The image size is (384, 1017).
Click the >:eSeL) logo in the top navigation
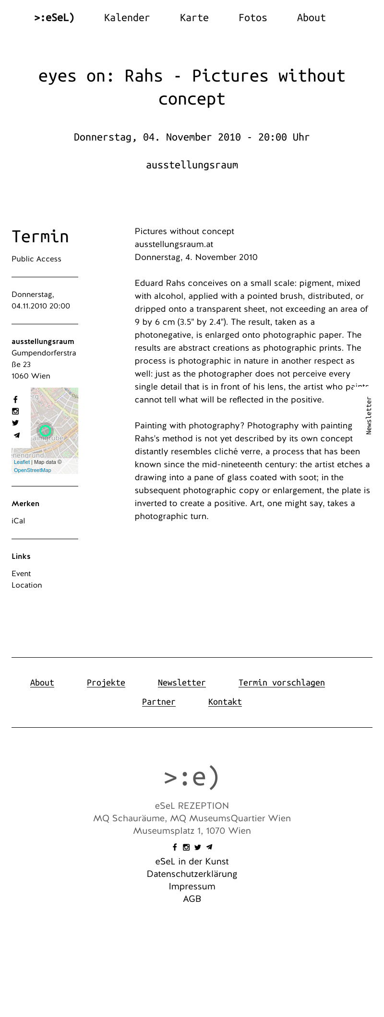pyautogui.click(x=54, y=18)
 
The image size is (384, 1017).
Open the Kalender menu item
pyautogui.click(x=127, y=18)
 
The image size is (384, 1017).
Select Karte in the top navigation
pyautogui.click(x=194, y=18)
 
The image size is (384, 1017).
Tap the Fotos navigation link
pyautogui.click(x=252, y=18)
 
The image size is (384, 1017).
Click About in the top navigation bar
pyautogui.click(x=311, y=18)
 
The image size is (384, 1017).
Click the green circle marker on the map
pyautogui.click(x=45, y=430)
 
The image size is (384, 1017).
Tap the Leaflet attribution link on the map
pyautogui.click(x=22, y=462)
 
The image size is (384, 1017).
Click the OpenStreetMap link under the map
pyautogui.click(x=32, y=470)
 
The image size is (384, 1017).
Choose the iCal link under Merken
pyautogui.click(x=18, y=521)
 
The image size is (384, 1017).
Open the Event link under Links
pyautogui.click(x=21, y=574)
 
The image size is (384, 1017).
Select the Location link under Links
pyautogui.click(x=27, y=585)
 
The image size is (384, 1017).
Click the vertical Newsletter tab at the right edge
pyautogui.click(x=369, y=415)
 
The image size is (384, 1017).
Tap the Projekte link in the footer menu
pyautogui.click(x=106, y=683)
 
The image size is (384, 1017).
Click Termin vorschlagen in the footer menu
pyautogui.click(x=281, y=683)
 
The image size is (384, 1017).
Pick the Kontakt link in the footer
pyautogui.click(x=225, y=702)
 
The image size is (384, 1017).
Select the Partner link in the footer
pyautogui.click(x=158, y=702)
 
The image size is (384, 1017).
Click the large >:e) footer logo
pyautogui.click(x=192, y=777)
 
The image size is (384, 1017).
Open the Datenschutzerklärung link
pyautogui.click(x=192, y=874)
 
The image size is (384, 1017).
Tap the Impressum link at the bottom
pyautogui.click(x=192, y=887)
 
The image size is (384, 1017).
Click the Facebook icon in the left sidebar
pyautogui.click(x=15, y=400)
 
